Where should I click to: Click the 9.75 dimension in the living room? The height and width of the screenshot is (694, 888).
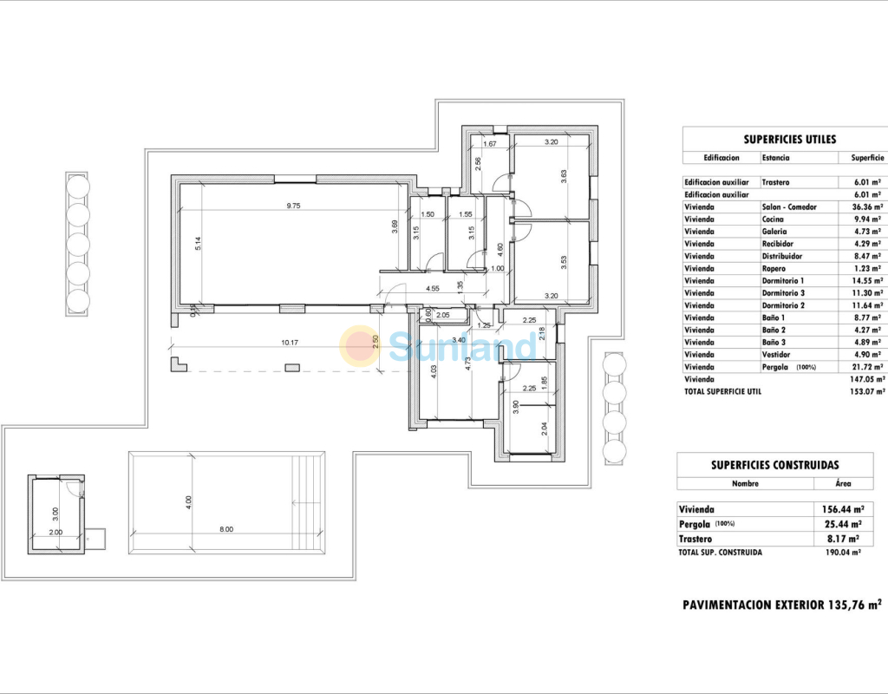pyautogui.click(x=293, y=206)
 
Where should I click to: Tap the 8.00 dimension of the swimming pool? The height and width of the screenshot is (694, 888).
pyautogui.click(x=226, y=529)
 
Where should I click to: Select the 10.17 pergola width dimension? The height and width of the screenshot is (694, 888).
pyautogui.click(x=290, y=342)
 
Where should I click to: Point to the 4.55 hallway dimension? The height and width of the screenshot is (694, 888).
pyautogui.click(x=432, y=288)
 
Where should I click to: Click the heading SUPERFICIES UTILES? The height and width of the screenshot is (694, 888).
pyautogui.click(x=789, y=140)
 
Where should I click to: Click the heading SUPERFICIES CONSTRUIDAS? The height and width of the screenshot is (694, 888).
pyautogui.click(x=774, y=465)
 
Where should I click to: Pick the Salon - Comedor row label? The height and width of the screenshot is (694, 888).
pyautogui.click(x=789, y=206)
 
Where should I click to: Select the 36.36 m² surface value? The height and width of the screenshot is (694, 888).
pyautogui.click(x=867, y=206)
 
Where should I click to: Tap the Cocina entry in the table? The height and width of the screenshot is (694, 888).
pyautogui.click(x=773, y=219)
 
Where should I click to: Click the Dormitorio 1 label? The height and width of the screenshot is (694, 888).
pyautogui.click(x=783, y=280)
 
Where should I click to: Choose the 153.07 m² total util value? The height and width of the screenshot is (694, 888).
pyautogui.click(x=868, y=391)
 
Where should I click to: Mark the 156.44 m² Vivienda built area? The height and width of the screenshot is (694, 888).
pyautogui.click(x=843, y=509)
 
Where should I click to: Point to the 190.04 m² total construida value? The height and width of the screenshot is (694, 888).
pyautogui.click(x=843, y=553)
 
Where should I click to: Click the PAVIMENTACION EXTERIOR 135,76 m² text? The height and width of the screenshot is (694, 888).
pyautogui.click(x=782, y=605)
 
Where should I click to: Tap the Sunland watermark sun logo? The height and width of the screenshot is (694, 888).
pyautogui.click(x=360, y=346)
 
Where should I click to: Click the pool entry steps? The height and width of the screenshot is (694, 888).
pyautogui.click(x=308, y=502)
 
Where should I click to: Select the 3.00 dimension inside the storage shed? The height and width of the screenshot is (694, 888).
pyautogui.click(x=55, y=514)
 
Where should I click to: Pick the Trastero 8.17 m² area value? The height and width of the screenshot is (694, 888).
pyautogui.click(x=843, y=539)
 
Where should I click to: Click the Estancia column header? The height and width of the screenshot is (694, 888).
pyautogui.click(x=775, y=158)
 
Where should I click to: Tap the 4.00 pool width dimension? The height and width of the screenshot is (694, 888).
pyautogui.click(x=188, y=502)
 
